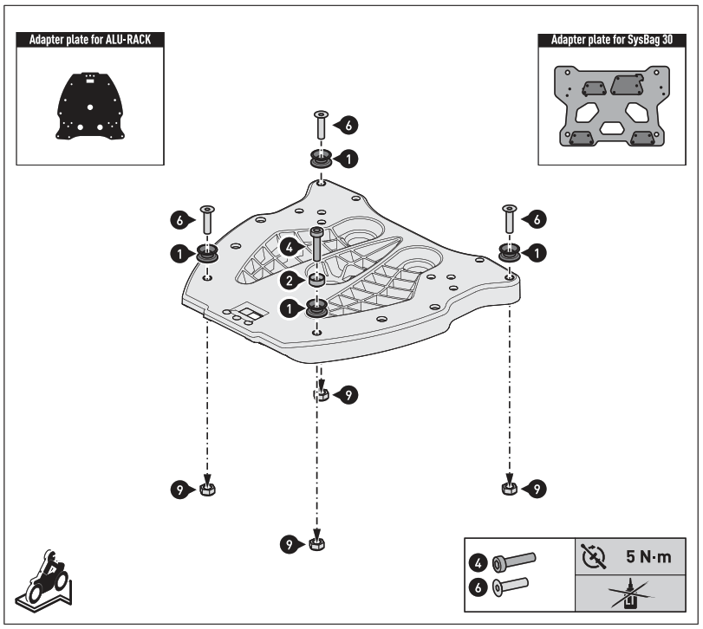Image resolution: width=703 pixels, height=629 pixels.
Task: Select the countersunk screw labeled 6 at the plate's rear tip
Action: [322, 126]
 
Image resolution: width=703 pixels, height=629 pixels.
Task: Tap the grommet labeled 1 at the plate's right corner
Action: [510, 252]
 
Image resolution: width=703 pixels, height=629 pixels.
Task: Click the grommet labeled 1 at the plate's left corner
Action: [207, 253]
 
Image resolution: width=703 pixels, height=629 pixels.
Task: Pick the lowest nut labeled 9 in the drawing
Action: [317, 545]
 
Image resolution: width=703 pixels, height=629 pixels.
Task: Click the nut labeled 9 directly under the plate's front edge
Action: [320, 395]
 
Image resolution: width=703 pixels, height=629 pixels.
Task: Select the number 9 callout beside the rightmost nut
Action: [537, 490]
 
